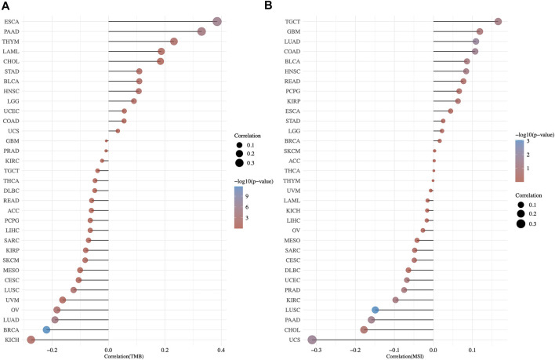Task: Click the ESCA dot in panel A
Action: click(x=217, y=21)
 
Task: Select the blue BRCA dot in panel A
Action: click(x=46, y=330)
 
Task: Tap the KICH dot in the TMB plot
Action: click(x=31, y=340)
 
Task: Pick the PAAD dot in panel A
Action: click(x=201, y=31)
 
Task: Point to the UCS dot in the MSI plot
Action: click(x=312, y=340)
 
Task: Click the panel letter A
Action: click(x=6, y=6)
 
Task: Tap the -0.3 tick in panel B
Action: click(x=316, y=349)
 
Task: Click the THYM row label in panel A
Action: click(x=12, y=42)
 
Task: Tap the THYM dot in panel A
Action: click(x=174, y=42)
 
